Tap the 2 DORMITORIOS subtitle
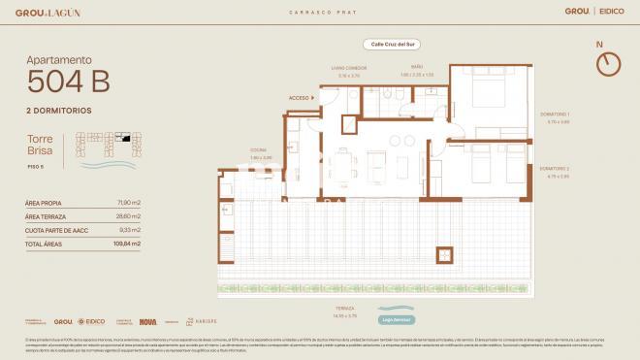click(x=59, y=110)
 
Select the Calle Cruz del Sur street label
click(x=386, y=45)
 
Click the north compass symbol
click(x=608, y=63)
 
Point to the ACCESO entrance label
click(x=300, y=98)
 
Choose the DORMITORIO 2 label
click(x=557, y=170)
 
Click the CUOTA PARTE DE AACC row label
click(x=51, y=230)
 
